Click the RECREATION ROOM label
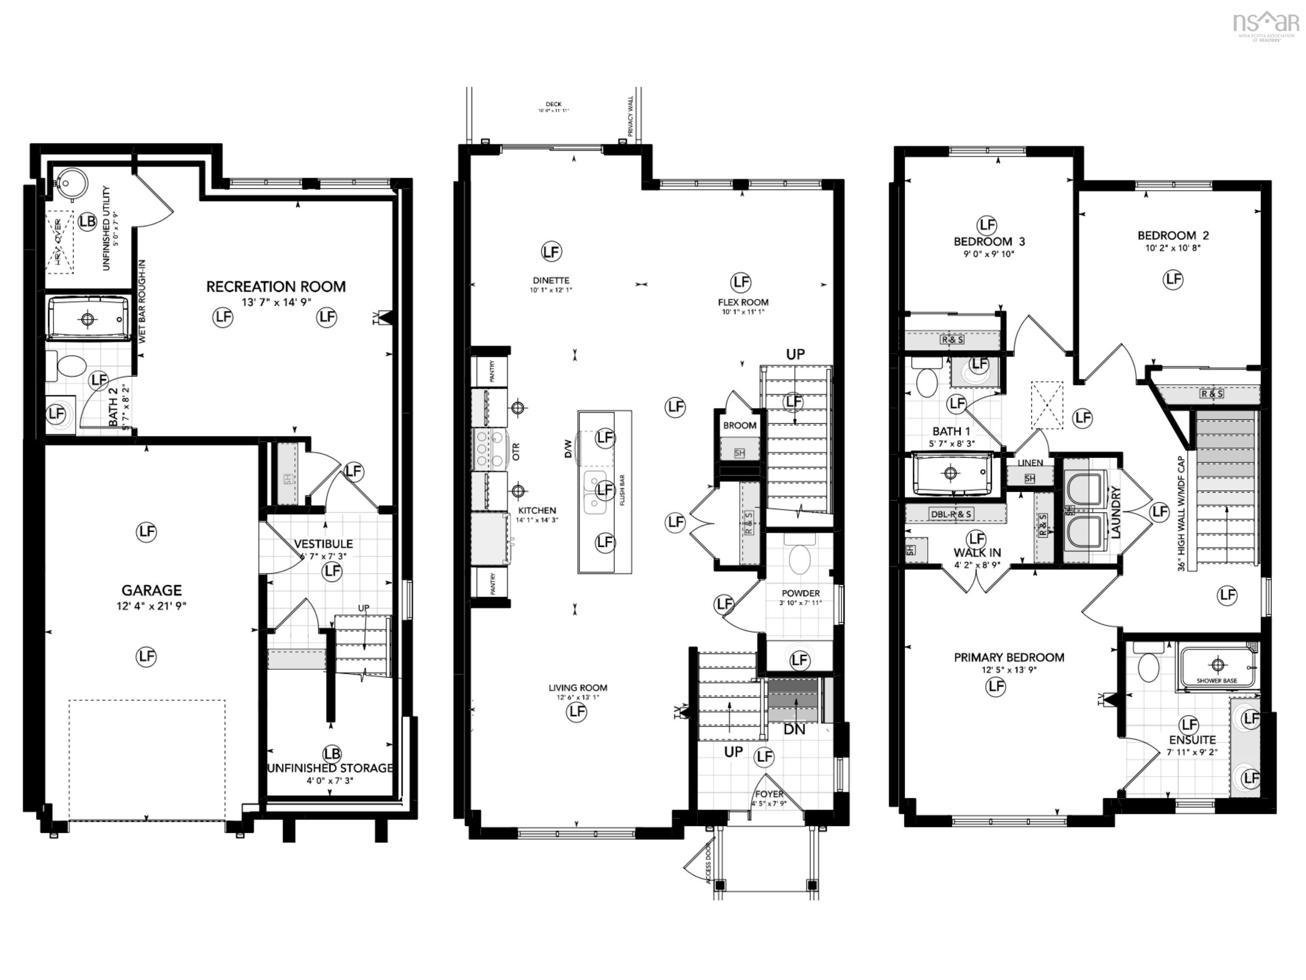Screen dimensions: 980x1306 tap(276, 287)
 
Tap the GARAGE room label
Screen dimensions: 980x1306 tap(151, 590)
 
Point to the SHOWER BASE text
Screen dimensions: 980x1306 tap(1216, 681)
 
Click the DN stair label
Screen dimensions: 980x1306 tap(794, 729)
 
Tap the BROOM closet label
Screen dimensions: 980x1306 tap(739, 425)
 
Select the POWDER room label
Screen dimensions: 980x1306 tap(801, 593)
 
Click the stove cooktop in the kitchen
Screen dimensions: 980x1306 tap(491, 449)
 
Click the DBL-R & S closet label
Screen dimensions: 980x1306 tap(951, 514)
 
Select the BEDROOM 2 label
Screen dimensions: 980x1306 tap(1173, 235)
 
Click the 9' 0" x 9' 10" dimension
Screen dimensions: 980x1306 tap(988, 254)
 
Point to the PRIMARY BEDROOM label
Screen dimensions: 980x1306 tap(1008, 658)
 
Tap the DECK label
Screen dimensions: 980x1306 tap(553, 104)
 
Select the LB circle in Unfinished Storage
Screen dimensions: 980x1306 tap(332, 754)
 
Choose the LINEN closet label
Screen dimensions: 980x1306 tap(1030, 462)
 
